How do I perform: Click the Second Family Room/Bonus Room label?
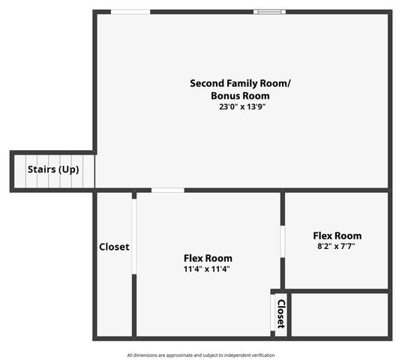[x=240, y=89]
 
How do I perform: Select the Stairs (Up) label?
[x=53, y=169]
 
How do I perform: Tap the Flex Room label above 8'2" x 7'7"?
[x=337, y=235]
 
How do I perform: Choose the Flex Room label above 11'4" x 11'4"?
[x=208, y=258]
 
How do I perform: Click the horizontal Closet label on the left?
[x=114, y=247]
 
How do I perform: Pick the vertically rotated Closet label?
[x=280, y=313]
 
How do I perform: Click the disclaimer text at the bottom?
[x=201, y=355]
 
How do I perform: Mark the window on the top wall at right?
[x=269, y=12]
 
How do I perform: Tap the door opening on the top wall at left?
[x=130, y=12]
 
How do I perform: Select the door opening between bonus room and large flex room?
[x=168, y=190]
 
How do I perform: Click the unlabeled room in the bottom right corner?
[x=339, y=315]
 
